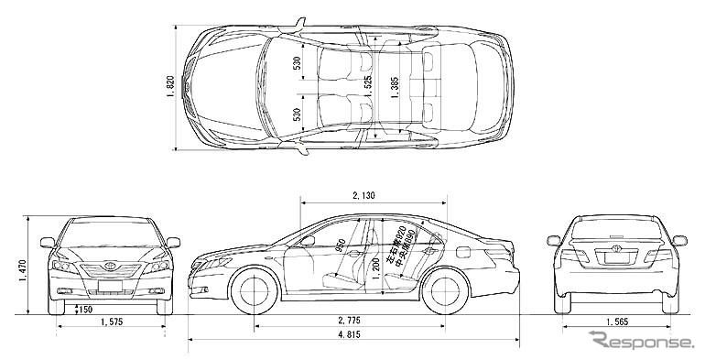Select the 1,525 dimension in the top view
tap(367, 88)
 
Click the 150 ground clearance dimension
tap(84, 310)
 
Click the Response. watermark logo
tap(641, 344)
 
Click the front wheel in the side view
tap(255, 289)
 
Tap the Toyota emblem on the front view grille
tap(110, 268)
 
